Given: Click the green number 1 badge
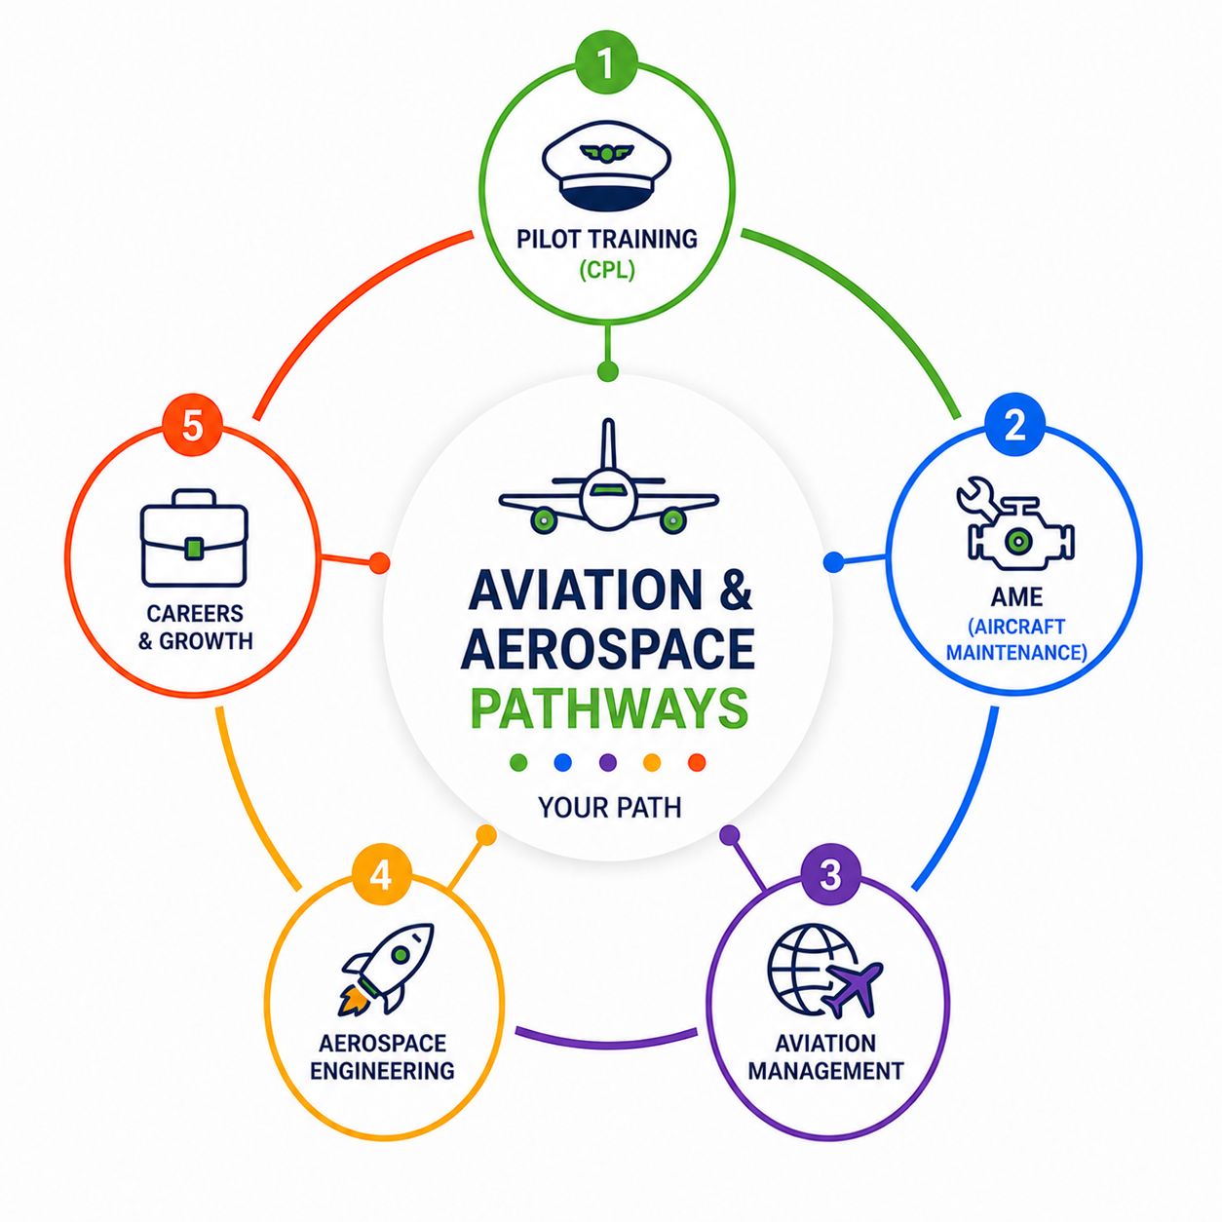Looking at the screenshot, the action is pyautogui.click(x=605, y=62).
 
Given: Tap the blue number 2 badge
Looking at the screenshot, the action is pyautogui.click(x=1014, y=426).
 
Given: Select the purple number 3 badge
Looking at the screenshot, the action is pyautogui.click(x=830, y=875).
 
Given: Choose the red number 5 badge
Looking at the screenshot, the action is pyautogui.click(x=192, y=426).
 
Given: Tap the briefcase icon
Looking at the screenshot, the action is pyautogui.click(x=193, y=538).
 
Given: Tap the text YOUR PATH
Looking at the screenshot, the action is pyautogui.click(x=609, y=808).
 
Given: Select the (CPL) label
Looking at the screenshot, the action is pyautogui.click(x=606, y=271).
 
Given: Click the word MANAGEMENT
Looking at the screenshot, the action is pyautogui.click(x=825, y=1071).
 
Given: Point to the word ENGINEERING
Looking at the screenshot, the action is pyautogui.click(x=382, y=1071).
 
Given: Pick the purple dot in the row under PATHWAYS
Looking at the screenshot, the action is pyautogui.click(x=607, y=762).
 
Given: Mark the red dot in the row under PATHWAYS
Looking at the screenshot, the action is pyautogui.click(x=697, y=762).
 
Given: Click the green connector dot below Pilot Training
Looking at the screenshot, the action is pyautogui.click(x=607, y=371).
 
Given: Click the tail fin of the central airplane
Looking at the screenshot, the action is pyautogui.click(x=608, y=444).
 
